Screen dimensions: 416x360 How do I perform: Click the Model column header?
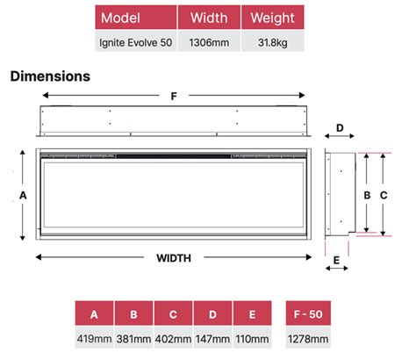(136, 18)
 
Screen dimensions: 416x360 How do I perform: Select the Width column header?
(209, 18)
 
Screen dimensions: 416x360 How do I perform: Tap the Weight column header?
(273, 18)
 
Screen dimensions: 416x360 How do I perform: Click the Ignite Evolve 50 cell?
(136, 42)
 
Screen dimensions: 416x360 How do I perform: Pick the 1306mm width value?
(209, 42)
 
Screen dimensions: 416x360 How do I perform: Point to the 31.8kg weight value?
(273, 42)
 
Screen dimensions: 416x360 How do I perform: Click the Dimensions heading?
(50, 76)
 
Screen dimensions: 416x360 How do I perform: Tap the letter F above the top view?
(174, 96)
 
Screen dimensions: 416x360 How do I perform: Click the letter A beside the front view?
(23, 195)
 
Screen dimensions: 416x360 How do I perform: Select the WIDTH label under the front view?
(174, 258)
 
